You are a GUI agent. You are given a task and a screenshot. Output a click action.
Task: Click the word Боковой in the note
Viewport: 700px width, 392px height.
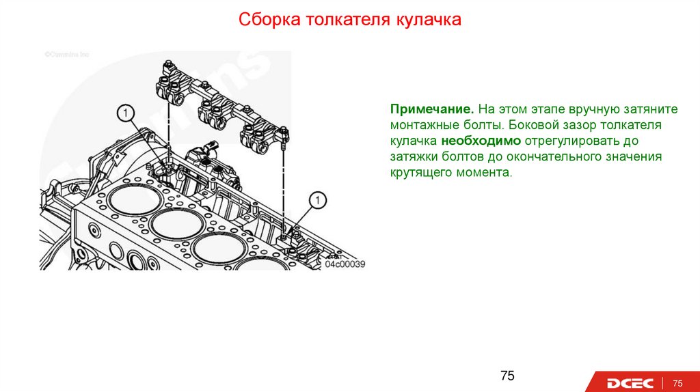(x=531, y=126)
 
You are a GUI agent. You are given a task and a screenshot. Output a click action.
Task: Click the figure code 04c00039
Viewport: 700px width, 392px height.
(x=345, y=264)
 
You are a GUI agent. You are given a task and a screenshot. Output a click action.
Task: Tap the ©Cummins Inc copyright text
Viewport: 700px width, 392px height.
(x=67, y=54)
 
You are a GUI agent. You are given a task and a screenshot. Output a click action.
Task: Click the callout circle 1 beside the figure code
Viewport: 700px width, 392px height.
(x=318, y=200)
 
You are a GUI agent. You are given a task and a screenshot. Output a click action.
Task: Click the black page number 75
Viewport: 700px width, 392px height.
(x=507, y=375)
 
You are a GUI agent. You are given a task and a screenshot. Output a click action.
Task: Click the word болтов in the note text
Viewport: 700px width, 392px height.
(x=458, y=157)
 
